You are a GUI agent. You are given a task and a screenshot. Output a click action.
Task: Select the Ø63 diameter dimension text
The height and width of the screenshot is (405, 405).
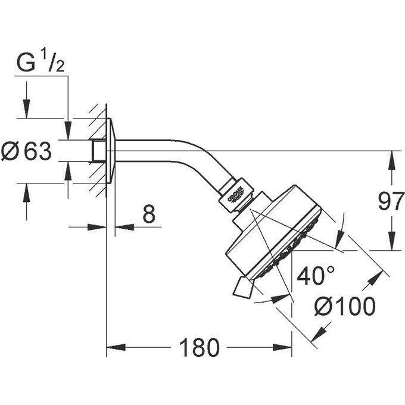27,152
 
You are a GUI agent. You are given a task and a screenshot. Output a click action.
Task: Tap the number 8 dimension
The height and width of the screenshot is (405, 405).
149,214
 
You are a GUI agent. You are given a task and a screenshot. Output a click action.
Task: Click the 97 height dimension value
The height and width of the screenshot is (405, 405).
391,202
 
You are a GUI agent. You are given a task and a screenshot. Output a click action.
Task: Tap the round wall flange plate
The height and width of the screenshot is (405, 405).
111,151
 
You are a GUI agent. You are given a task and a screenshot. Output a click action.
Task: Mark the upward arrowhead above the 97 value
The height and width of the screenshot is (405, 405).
391,157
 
